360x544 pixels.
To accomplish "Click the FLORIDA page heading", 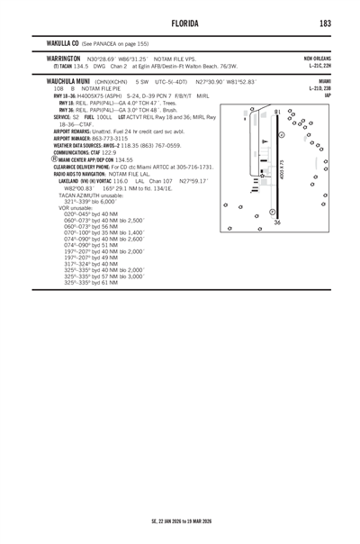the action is [x=180, y=22].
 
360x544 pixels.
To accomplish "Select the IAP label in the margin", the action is [x=330, y=95].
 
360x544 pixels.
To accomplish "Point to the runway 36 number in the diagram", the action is [x=277, y=222].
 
